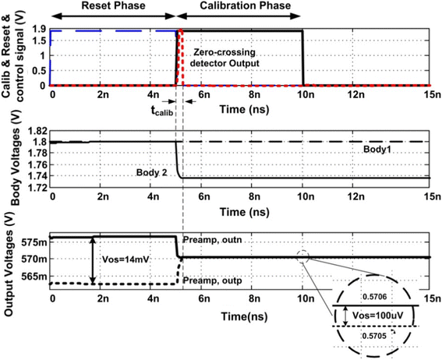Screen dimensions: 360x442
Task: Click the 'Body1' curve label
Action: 377,148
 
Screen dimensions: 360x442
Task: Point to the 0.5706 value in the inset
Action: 374,298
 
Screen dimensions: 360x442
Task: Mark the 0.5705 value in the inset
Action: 374,335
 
